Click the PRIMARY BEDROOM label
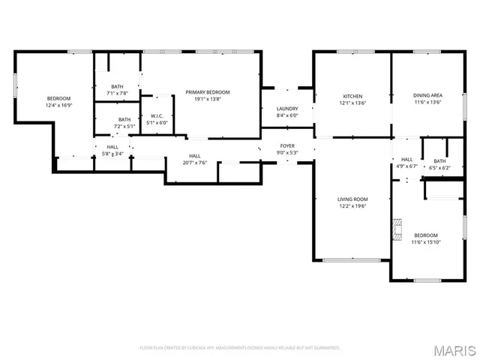(208, 92)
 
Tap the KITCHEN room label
(352, 96)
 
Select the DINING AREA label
(427, 96)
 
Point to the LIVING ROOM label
(351, 199)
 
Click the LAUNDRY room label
(287, 109)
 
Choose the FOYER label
(287, 145)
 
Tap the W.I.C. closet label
(157, 116)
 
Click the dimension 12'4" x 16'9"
(58, 106)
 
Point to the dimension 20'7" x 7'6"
(194, 162)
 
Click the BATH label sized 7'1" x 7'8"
(118, 87)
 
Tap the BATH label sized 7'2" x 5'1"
(124, 119)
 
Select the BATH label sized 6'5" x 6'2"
(439, 161)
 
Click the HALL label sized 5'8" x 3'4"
(112, 147)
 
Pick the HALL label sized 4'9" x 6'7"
(406, 159)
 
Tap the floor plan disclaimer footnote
(240, 348)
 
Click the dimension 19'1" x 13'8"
(208, 99)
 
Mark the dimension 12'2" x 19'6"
(351, 205)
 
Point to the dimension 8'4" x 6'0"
(287, 115)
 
